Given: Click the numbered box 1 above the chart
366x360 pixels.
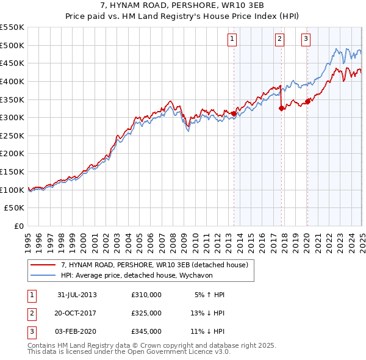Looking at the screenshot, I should [233, 40].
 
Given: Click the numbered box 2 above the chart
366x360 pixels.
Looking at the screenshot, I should [279, 40].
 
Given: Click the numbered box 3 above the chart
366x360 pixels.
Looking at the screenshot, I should [306, 40].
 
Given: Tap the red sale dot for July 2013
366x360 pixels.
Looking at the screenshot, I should [234, 113].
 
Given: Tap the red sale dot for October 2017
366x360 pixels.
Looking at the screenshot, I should [281, 108].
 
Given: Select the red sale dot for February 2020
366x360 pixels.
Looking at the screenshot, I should [307, 101].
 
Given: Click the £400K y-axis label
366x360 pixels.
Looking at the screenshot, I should [12, 81].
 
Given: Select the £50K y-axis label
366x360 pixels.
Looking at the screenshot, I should [14, 208].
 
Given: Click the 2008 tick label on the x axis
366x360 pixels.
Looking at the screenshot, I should [173, 238].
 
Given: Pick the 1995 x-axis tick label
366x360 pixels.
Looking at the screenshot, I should [28, 238].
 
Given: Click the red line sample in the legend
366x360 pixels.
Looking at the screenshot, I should [43, 265].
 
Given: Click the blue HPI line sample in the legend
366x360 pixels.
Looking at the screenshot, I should [43, 276].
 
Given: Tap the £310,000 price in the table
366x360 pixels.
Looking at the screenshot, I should [146, 295].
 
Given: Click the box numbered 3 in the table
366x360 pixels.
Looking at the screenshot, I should [32, 332].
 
